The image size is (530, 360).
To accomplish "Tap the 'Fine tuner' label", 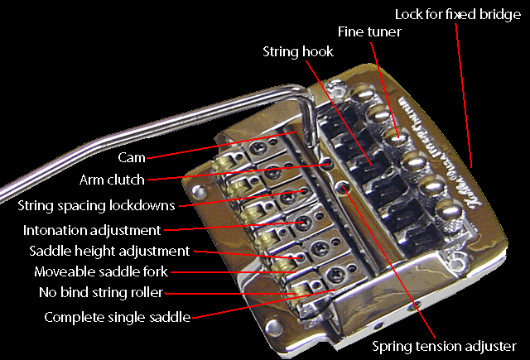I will [x=369, y=31].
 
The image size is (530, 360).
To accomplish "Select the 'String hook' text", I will [x=297, y=51].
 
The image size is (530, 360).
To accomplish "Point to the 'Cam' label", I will [x=132, y=157].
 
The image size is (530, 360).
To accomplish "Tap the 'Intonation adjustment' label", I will [x=91, y=229].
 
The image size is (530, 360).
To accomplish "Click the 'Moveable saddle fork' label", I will [x=100, y=271].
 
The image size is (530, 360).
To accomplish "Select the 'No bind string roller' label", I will [x=100, y=292].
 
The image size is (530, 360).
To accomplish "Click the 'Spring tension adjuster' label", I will [x=444, y=346].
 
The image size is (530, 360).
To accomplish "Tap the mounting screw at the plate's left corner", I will [x=198, y=190].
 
